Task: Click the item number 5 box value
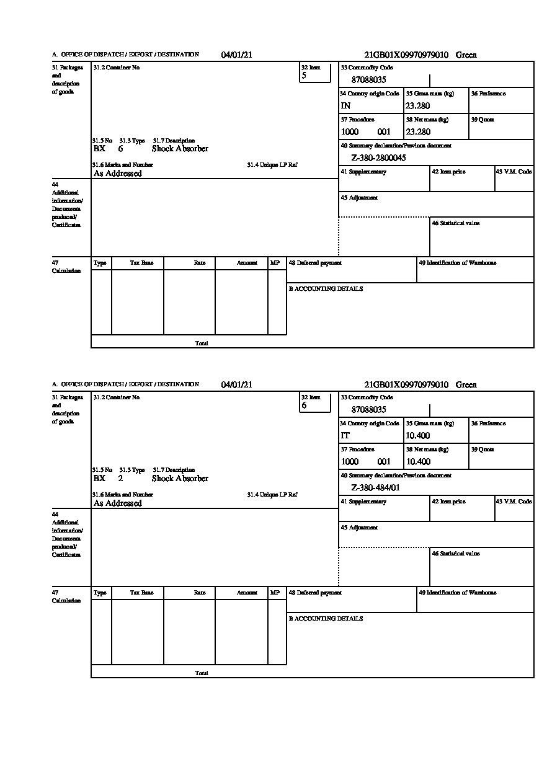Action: point(304,76)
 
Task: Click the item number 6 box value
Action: point(304,405)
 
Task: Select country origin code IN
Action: point(345,106)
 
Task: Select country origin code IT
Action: point(345,436)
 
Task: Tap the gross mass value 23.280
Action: point(417,106)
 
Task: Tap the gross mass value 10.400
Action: point(417,436)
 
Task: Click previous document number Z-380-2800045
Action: point(378,158)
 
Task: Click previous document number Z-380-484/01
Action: point(375,488)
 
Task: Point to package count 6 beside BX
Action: point(120,149)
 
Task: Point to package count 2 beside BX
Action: point(120,479)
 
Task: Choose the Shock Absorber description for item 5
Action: point(180,149)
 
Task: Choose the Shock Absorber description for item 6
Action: point(180,479)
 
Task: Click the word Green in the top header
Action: point(466,55)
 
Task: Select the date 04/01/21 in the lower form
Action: point(237,385)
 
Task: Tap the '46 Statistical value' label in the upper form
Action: point(456,223)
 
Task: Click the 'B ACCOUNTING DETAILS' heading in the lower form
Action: point(326,619)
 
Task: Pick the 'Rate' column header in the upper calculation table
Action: point(200,263)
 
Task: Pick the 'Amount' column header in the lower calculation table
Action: point(247,593)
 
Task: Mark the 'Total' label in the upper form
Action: point(202,343)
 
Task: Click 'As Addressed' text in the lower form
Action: point(118,503)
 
